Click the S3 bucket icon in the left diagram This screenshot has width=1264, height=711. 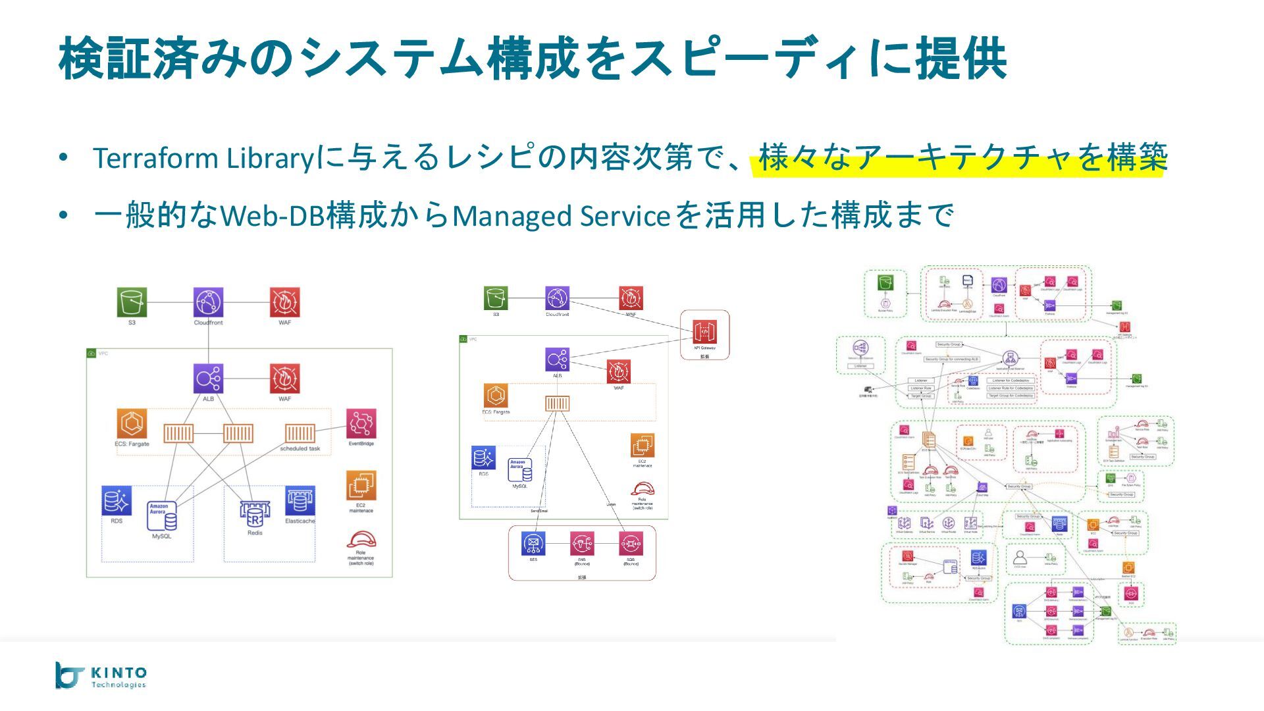[132, 302]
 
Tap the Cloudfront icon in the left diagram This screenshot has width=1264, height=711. [208, 302]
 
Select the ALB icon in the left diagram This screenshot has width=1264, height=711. [208, 379]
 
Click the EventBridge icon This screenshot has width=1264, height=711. [361, 423]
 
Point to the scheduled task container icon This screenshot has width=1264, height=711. [300, 433]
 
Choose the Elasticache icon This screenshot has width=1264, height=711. [300, 502]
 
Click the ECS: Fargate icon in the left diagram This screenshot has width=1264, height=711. [132, 423]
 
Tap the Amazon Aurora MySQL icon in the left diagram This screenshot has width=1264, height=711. [162, 517]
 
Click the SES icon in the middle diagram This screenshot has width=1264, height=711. [533, 544]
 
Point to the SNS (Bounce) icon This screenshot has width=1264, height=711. [582, 544]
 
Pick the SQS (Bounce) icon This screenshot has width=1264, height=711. [631, 544]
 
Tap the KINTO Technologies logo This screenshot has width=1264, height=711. [101, 675]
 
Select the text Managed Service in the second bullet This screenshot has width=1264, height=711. [561, 216]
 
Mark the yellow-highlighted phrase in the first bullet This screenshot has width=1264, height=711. [962, 158]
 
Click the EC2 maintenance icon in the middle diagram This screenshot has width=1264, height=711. [642, 446]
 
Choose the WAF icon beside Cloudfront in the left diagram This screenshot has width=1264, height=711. [284, 302]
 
